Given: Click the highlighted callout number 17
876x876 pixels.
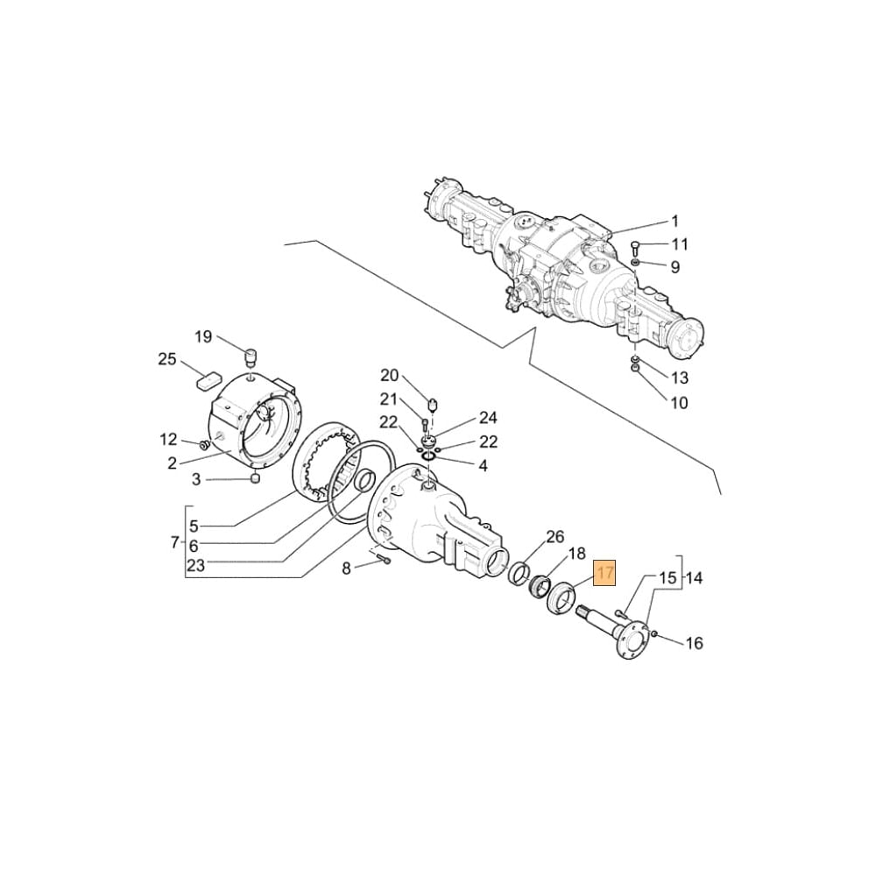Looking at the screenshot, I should [605, 574].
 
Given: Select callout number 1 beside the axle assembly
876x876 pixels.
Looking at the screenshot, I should [675, 221].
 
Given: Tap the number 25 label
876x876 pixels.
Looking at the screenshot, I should [166, 359].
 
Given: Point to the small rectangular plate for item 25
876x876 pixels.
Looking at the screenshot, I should [208, 381].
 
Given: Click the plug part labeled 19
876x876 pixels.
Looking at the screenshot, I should [250, 356].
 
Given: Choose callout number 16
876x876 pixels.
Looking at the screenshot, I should [693, 644].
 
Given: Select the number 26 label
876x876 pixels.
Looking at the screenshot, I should [555, 536].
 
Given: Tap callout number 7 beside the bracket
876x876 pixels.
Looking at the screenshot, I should [174, 543].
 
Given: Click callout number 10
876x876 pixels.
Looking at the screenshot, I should [679, 403].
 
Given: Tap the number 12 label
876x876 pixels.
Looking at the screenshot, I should [168, 440].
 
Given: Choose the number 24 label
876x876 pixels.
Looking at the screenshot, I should [487, 418].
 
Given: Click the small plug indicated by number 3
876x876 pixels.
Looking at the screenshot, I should [254, 478].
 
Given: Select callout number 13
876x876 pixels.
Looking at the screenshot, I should [679, 378].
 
